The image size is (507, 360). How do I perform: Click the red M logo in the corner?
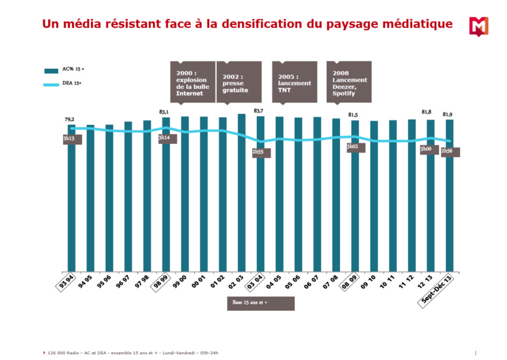[479, 27]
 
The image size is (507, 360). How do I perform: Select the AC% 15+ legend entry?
[66, 69]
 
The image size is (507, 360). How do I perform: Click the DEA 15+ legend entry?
[66, 83]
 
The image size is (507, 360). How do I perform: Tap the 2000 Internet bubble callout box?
[193, 82]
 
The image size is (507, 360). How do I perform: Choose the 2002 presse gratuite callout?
[238, 82]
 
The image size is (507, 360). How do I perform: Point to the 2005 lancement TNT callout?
[295, 82]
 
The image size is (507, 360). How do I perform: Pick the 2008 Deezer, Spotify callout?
[349, 82]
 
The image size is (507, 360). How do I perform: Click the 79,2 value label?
[69, 119]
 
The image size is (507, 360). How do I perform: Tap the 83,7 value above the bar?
[259, 111]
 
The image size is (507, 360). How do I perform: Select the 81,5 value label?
[354, 115]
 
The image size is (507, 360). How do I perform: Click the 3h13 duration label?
[69, 139]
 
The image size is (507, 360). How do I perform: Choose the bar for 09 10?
[374, 196]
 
